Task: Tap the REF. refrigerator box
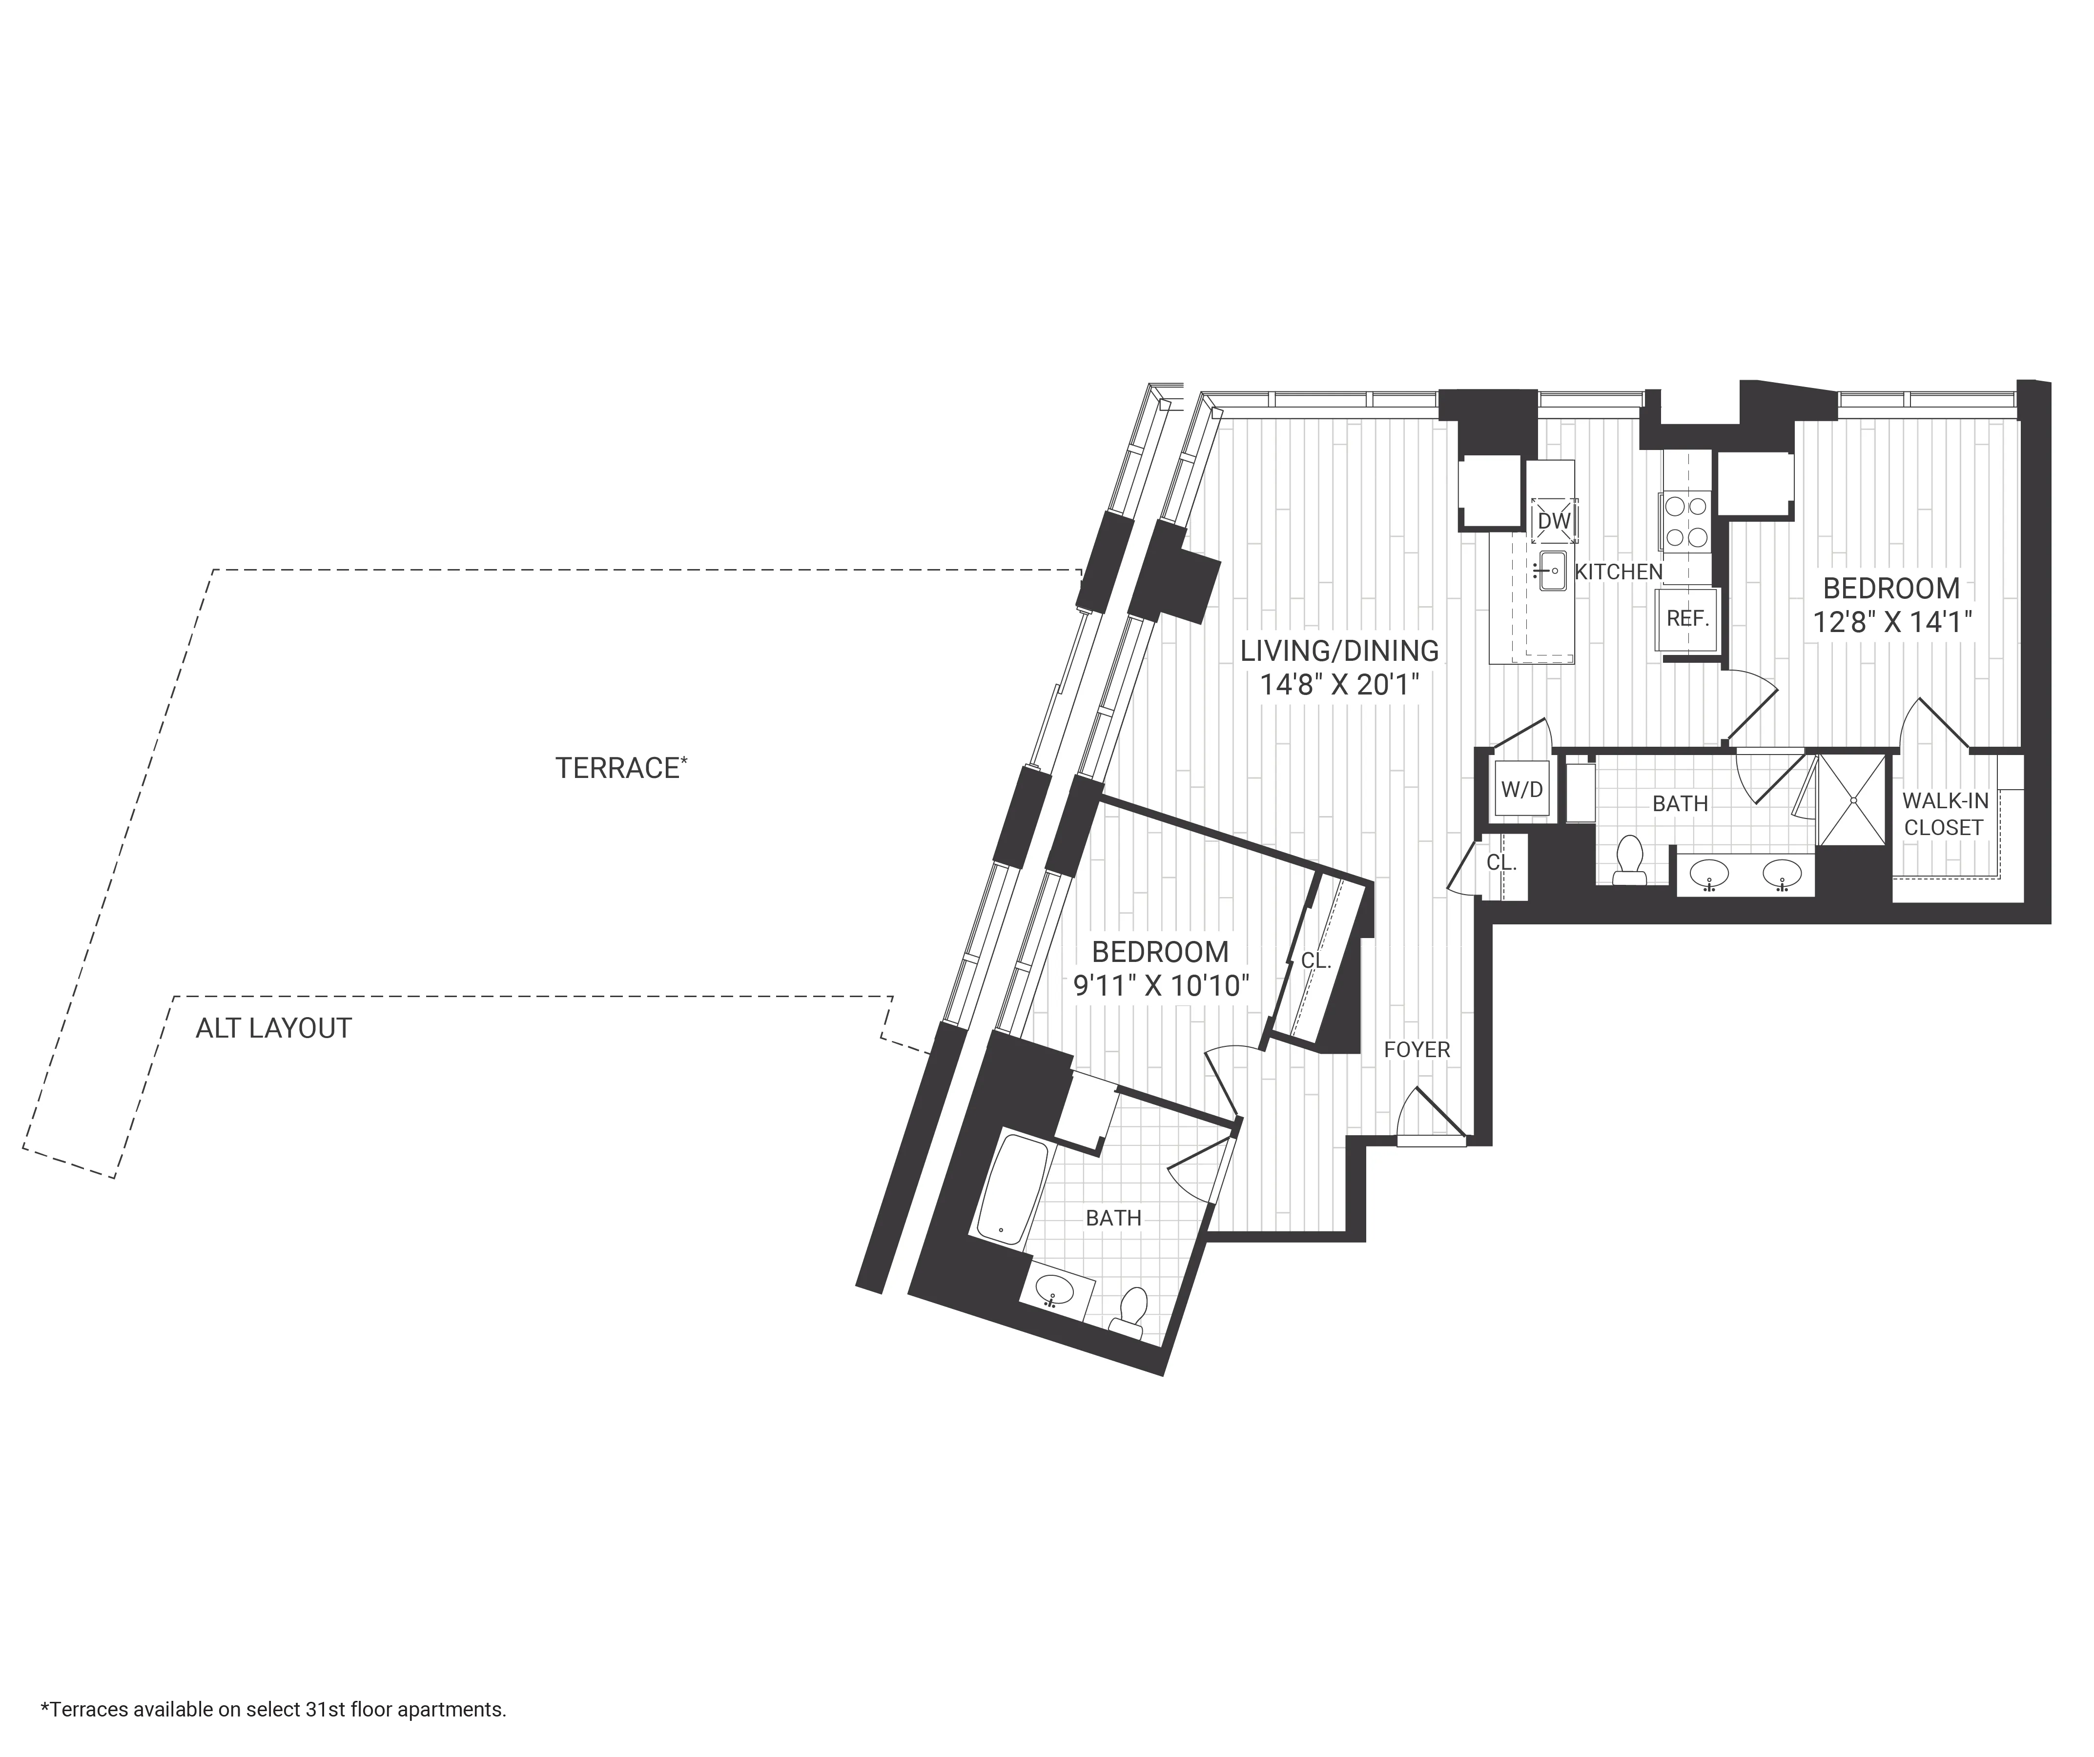click(x=1687, y=618)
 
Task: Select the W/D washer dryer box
click(x=1521, y=790)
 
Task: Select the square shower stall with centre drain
click(x=1853, y=800)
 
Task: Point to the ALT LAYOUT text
click(x=273, y=1028)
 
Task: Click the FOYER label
click(x=1416, y=1049)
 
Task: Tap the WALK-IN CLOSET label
click(x=1945, y=814)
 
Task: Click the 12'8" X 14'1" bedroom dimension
click(x=1891, y=622)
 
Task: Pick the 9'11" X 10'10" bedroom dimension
click(x=1161, y=985)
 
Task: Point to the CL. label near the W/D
click(x=1500, y=862)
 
